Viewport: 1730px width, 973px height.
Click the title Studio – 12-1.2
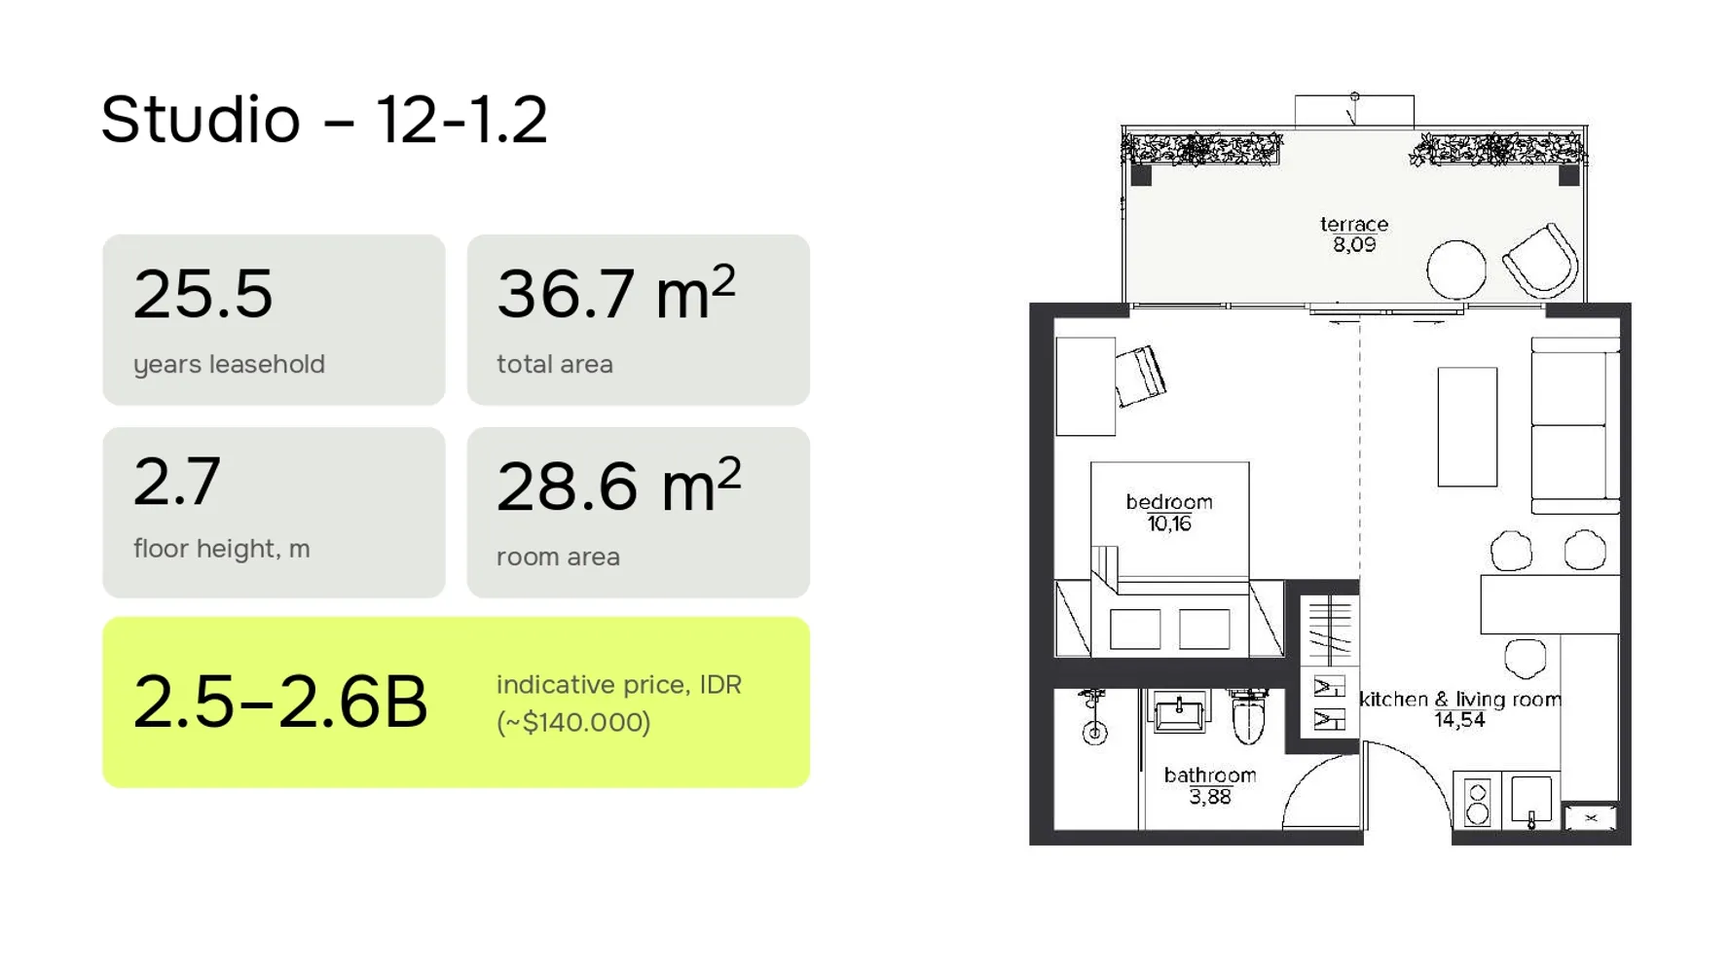coord(324,121)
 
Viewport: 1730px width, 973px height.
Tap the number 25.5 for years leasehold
coord(202,294)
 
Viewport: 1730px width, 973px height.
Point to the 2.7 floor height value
coord(177,481)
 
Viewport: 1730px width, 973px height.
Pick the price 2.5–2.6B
coord(280,702)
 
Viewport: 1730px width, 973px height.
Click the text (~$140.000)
coord(573,723)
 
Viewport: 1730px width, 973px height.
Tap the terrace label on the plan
coord(1353,225)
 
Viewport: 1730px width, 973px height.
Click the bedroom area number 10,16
coord(1168,524)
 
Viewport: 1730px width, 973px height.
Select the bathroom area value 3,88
coord(1209,797)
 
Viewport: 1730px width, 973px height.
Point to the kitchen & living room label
coord(1458,700)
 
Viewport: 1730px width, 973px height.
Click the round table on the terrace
coord(1455,270)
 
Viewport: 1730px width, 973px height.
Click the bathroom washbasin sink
coord(1179,713)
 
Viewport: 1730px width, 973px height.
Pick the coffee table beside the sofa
coord(1466,426)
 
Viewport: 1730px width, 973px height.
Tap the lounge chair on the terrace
coord(1541,261)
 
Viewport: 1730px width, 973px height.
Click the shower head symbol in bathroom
coord(1094,733)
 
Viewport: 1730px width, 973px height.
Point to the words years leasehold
coord(229,365)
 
